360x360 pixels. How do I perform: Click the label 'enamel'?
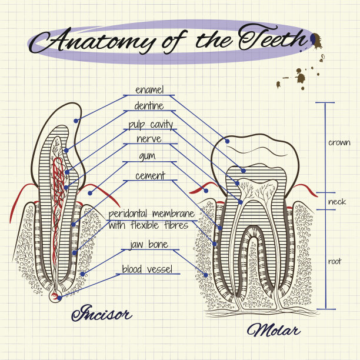149,90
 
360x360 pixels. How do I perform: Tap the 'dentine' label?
149,106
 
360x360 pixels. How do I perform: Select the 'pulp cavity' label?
151,124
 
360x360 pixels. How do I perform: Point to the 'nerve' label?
149,139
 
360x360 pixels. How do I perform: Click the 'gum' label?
147,156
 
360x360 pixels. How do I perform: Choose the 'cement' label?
150,175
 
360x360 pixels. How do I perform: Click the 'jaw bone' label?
149,244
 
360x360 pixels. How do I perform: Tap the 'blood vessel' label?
147,269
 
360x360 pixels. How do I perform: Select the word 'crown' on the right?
339,142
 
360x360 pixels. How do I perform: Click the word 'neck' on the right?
337,202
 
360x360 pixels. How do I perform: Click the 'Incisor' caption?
101,314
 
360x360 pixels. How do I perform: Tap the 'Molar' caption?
273,330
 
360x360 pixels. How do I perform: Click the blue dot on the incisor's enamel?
76,121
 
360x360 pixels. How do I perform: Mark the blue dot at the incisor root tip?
59,298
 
